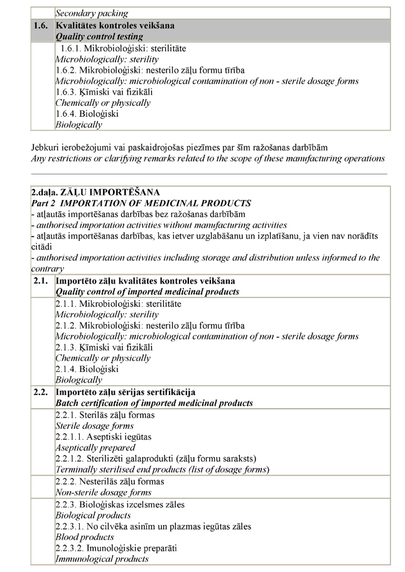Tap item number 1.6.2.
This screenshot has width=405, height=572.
coord(68,70)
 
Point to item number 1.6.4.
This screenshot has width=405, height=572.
coord(68,114)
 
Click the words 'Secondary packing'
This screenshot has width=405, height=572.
coord(92,13)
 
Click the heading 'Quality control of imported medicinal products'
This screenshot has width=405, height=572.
coord(148,292)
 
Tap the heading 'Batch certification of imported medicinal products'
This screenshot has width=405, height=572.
coord(154,403)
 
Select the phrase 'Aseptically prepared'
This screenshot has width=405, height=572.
coord(95,448)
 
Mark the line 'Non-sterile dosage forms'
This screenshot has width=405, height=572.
coord(104,493)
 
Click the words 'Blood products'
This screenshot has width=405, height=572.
coord(85,538)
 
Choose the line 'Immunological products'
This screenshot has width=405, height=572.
coord(102,559)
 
